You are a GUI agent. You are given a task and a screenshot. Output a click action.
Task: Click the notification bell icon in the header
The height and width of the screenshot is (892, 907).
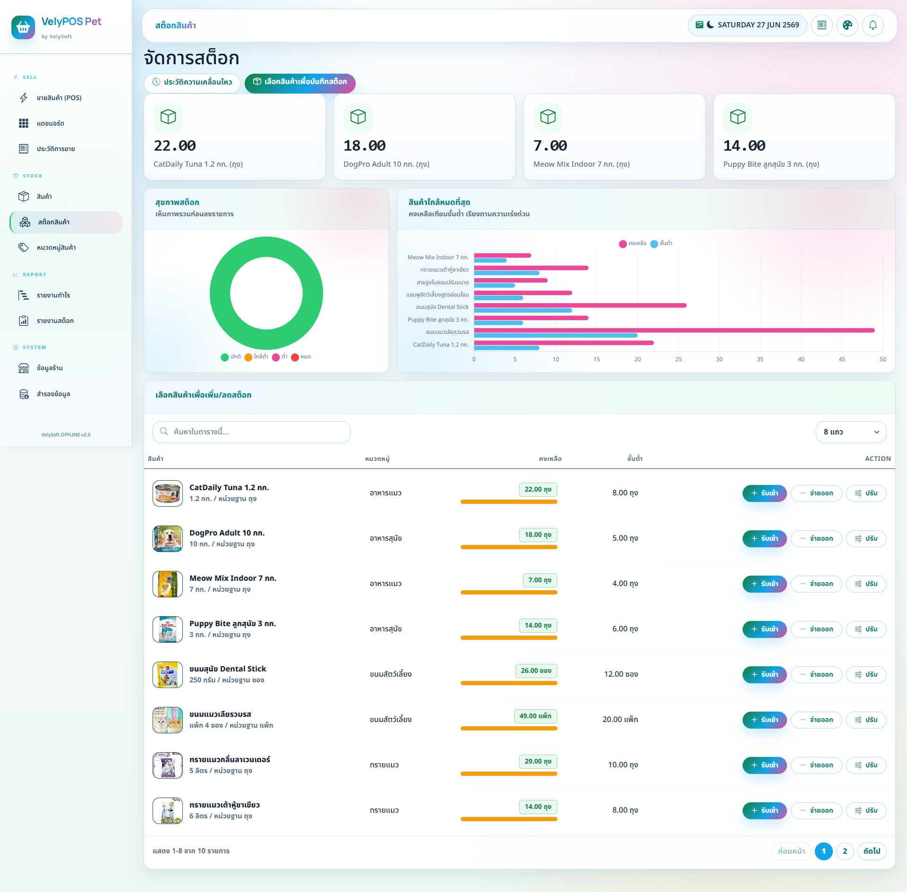873,25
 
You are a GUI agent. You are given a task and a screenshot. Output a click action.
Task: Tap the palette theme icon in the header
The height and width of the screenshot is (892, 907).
847,25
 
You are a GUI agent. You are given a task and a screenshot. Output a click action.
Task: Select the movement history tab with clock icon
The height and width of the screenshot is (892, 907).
192,82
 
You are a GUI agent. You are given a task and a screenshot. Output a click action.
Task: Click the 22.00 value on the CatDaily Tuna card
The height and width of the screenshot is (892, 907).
175,145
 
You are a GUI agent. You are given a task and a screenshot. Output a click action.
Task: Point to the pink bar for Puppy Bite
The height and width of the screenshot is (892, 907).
531,318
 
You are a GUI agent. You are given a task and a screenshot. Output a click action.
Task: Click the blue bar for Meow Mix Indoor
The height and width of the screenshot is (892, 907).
490,261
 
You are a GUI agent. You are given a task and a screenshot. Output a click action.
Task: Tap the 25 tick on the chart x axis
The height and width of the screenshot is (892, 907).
678,359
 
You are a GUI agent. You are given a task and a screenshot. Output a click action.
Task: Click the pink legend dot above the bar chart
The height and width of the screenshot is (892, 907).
623,244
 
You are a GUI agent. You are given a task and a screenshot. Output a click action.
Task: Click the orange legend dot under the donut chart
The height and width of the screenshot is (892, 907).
248,357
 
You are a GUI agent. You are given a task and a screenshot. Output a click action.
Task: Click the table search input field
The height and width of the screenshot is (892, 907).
252,432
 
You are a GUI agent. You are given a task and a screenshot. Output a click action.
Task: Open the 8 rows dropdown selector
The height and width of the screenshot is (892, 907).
851,432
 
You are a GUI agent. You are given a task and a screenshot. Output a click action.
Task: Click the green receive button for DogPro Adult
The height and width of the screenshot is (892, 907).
764,538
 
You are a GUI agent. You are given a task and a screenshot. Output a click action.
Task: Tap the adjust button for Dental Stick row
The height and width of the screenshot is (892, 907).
866,674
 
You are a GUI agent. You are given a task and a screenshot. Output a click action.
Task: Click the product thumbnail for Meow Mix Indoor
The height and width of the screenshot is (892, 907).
168,584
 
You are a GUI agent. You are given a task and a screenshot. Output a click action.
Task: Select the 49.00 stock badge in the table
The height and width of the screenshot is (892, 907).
535,716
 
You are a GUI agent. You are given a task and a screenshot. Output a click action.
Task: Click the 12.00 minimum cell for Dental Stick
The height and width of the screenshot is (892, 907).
621,674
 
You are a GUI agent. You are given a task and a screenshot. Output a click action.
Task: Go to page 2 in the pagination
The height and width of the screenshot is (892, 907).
845,851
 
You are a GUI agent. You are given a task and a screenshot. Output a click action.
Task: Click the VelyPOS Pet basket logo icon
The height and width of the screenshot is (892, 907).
23,27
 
